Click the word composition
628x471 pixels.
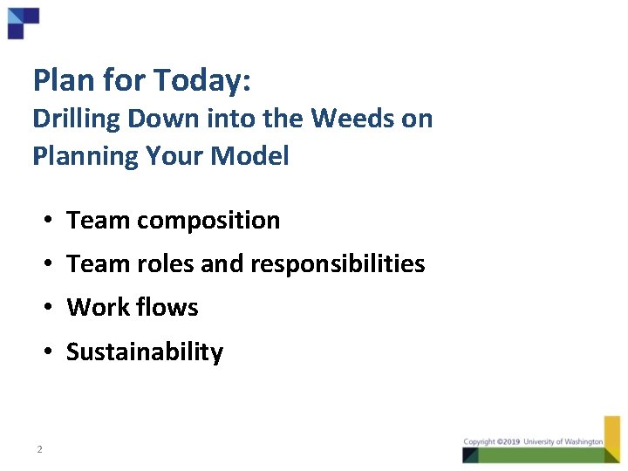[208, 221]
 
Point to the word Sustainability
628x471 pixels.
[145, 352]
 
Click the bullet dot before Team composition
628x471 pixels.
[51, 221]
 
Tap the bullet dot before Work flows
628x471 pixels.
[51, 307]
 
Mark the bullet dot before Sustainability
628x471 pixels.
[51, 352]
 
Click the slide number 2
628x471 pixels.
[39, 449]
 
